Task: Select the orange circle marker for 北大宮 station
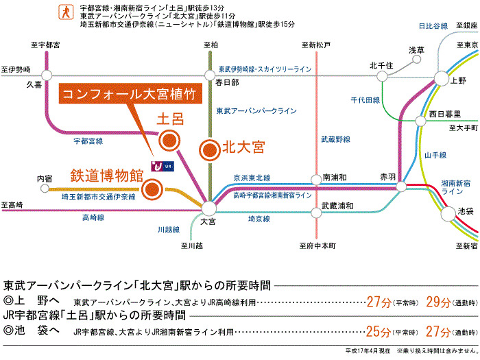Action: pos(209,147)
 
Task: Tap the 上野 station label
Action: pos(459,80)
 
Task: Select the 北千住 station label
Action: pos(380,65)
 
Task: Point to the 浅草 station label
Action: pos(417,50)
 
